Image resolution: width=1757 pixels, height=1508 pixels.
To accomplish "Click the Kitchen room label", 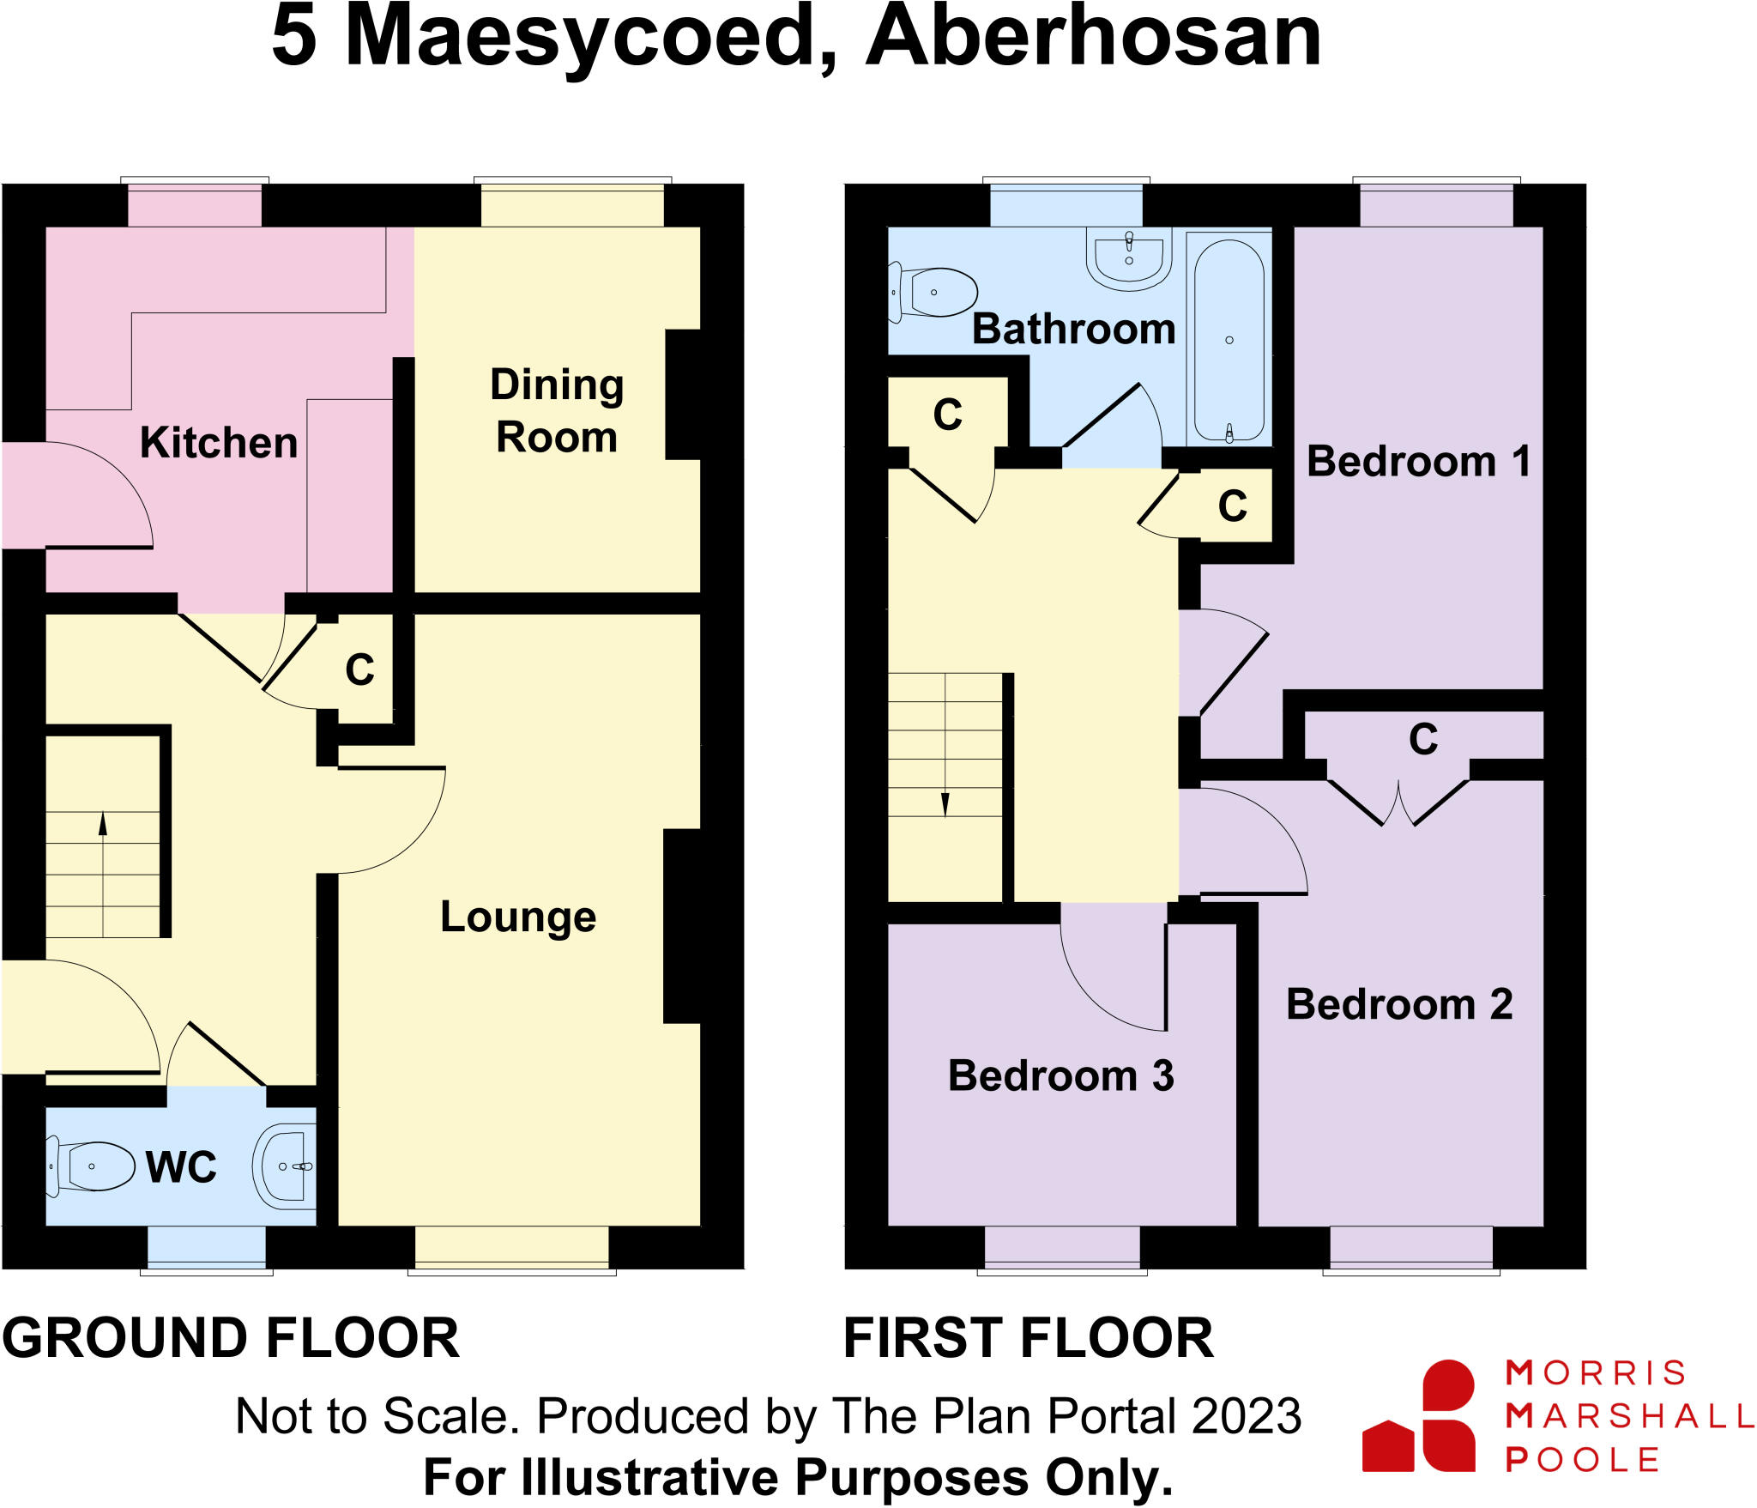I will [x=219, y=443].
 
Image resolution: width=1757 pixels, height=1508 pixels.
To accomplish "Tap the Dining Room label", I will [x=556, y=410].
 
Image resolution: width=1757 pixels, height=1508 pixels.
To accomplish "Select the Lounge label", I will [x=518, y=917].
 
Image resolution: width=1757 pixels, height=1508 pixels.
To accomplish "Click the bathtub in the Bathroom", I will [x=1229, y=341].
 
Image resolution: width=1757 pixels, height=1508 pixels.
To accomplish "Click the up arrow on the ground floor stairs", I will [x=103, y=824].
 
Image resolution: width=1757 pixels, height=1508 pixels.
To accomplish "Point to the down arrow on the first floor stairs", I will [x=945, y=804].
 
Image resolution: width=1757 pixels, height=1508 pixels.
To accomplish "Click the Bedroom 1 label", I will [x=1418, y=462].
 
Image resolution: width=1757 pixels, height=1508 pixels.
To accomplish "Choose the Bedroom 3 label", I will [x=1060, y=1075].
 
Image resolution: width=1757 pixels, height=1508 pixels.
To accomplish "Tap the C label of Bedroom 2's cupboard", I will [x=1423, y=739].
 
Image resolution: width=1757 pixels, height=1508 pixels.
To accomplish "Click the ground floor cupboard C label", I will [x=360, y=669].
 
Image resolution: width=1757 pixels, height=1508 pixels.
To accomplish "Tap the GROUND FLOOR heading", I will [x=231, y=1338].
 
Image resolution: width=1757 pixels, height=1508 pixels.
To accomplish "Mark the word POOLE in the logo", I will [x=1583, y=1459].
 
